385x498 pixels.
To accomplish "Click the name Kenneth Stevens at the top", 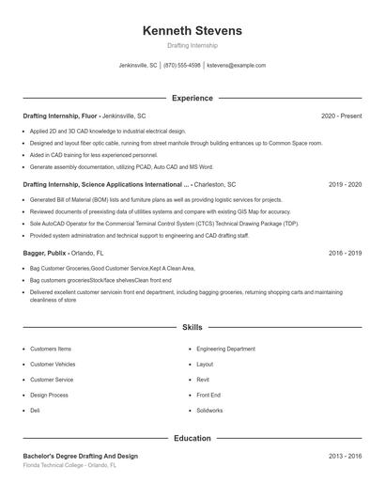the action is (192, 30).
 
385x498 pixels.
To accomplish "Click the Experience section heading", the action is (192, 98).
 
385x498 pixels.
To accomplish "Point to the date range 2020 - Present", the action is (341, 116).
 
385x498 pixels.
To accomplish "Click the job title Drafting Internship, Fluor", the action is (60, 116).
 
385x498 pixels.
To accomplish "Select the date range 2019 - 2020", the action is (345, 185).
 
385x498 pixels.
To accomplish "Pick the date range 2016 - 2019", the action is (345, 254).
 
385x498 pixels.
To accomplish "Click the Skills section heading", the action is (192, 328).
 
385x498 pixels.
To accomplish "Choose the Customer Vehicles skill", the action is (53, 364).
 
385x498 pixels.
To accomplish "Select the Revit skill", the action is (203, 380).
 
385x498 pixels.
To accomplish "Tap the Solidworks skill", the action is (209, 411).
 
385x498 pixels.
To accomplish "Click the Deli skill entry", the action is (35, 411).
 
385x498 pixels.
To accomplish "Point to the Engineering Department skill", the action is (225, 349).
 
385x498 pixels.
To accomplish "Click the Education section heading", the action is (192, 438).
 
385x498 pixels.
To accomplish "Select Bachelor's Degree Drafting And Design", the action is (80, 456).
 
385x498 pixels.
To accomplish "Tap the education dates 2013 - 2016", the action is (345, 456).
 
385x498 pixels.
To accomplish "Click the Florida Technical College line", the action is (69, 465).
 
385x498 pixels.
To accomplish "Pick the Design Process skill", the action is (49, 396).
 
